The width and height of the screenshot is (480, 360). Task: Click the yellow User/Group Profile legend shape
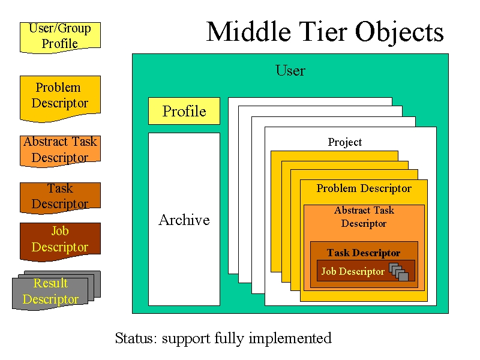pos(60,37)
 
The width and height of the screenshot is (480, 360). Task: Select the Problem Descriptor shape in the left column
pos(60,98)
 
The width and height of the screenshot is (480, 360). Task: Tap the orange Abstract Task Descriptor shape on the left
pos(60,151)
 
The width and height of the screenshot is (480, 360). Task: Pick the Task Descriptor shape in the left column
pos(60,198)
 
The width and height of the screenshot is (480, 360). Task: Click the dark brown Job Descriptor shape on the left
pos(60,242)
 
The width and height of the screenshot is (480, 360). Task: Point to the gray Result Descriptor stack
pos(56,290)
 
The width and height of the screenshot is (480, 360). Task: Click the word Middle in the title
pos(248,32)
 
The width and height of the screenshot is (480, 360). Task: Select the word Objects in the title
pos(399,33)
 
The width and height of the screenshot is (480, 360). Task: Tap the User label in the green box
pos(290,70)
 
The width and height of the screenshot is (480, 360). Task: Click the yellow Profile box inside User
pos(184,111)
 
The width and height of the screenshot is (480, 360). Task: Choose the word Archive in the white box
pos(184,220)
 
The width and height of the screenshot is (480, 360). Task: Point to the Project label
pos(344,142)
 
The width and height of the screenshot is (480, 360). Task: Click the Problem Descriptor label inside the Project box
pos(364,188)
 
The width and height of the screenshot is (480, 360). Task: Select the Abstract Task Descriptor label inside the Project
pos(364,217)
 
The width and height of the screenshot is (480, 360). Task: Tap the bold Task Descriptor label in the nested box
pos(364,253)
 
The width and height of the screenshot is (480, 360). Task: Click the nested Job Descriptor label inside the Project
pos(353,272)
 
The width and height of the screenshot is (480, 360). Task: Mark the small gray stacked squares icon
pos(399,272)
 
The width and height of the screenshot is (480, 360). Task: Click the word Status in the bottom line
pos(136,338)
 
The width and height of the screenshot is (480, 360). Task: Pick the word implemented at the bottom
pos(290,338)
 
